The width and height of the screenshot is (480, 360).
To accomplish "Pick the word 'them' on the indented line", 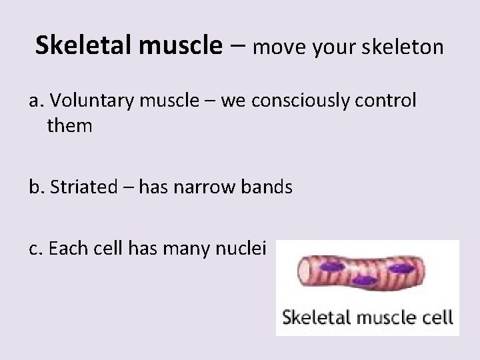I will (69, 125).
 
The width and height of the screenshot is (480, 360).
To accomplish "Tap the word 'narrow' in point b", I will (217, 187).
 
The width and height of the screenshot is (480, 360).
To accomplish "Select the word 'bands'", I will (270, 187).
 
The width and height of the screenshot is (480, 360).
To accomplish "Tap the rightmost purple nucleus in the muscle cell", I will (402, 269).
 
